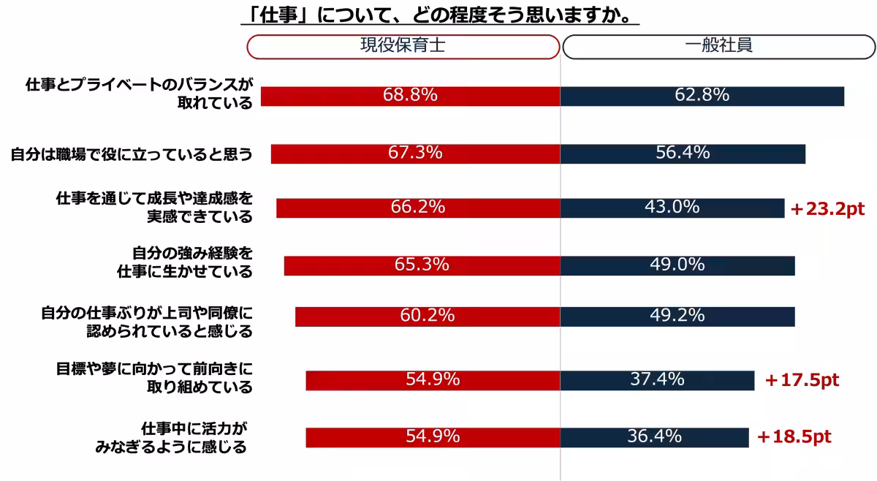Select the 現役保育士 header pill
[x=402, y=46]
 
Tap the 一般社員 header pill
[x=719, y=46]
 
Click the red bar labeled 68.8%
[x=410, y=96]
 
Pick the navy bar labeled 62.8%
[x=702, y=96]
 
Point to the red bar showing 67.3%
[x=415, y=154]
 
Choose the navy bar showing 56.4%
[x=683, y=154]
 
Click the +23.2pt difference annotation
[x=827, y=209]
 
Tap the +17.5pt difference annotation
[x=802, y=381]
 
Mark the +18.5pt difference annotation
[x=794, y=437]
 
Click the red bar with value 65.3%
[x=422, y=265]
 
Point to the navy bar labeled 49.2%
[x=677, y=316]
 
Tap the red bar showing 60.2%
[x=428, y=316]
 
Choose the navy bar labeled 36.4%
[x=654, y=437]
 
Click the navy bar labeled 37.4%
[x=657, y=380]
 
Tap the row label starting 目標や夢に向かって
[x=154, y=377]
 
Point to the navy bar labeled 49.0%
[x=677, y=265]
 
